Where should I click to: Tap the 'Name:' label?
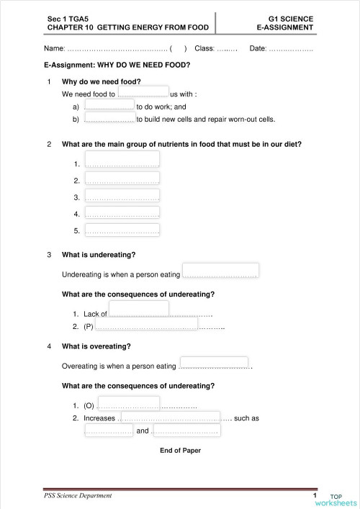point(54,48)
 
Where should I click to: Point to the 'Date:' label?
point(258,48)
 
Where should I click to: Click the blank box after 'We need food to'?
point(143,91)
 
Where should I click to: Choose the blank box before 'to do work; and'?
point(109,105)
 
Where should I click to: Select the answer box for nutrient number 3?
point(122,196)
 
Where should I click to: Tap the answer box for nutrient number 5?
point(122,230)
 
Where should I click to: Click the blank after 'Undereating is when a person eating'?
point(220,271)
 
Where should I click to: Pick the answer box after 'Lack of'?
point(139,310)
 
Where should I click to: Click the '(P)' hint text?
point(89,327)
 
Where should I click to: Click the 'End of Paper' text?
point(180,451)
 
